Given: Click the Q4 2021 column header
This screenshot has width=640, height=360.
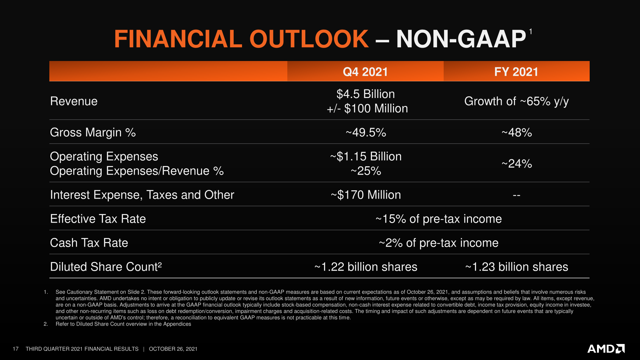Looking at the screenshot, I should [365, 72].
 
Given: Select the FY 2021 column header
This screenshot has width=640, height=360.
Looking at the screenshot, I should [516, 72].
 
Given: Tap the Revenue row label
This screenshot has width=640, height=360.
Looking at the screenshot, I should [74, 101].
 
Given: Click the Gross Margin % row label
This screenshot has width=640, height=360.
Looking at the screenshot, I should [93, 132].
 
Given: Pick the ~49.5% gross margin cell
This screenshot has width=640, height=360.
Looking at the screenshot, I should [366, 132].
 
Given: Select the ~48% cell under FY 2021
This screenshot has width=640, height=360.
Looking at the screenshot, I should [516, 132].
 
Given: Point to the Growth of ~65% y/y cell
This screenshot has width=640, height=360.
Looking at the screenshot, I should [516, 101].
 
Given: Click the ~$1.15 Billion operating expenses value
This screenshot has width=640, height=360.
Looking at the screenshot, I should [366, 156].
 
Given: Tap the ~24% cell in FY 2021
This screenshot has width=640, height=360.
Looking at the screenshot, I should [516, 164].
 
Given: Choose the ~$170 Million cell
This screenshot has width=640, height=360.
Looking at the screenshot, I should [366, 195].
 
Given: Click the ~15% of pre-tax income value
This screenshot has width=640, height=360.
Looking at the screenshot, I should [438, 219].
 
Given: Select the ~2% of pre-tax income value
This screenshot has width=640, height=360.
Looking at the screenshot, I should [438, 243].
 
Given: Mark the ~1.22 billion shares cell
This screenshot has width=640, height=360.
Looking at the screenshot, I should [366, 267].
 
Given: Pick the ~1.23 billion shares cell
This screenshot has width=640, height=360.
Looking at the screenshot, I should [516, 267].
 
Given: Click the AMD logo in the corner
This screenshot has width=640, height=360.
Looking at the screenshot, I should [606, 349].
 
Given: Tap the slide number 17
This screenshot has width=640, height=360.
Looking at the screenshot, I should [16, 349].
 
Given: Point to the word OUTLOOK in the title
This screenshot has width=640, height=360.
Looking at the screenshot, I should [309, 39].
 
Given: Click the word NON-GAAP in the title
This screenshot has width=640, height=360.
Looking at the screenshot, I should [461, 39].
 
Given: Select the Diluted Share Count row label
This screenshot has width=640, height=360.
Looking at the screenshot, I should [106, 267].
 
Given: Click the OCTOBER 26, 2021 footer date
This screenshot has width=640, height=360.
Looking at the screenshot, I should [173, 349].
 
